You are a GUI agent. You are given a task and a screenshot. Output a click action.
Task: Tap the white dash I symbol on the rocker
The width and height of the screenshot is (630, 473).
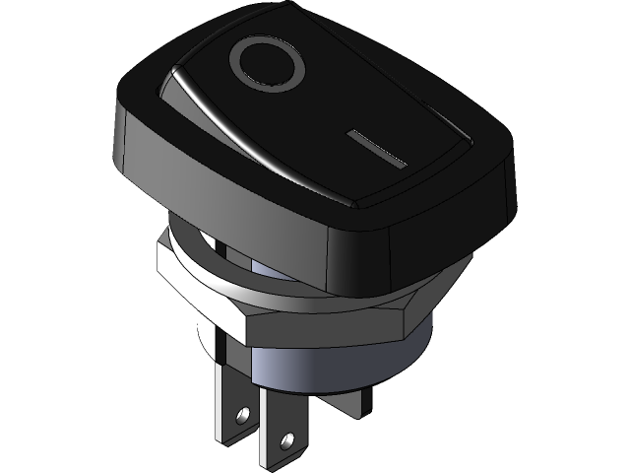(x=377, y=149)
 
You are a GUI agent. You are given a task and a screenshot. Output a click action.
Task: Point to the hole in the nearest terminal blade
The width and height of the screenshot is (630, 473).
(x=288, y=435)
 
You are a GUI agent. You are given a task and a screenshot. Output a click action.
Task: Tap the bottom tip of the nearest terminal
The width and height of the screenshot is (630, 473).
(x=271, y=463)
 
